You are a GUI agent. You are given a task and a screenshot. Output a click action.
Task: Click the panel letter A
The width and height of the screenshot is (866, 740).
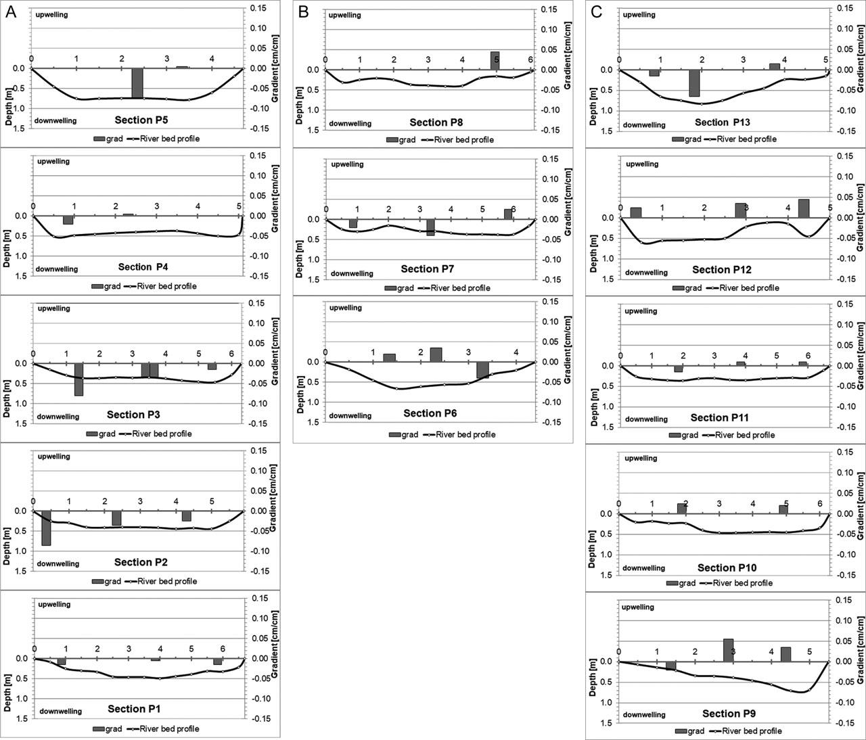(x=12, y=12)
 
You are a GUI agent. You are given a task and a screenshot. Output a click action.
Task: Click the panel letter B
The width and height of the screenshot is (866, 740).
(x=304, y=12)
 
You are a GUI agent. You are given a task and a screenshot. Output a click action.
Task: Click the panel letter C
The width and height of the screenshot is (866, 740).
(x=597, y=12)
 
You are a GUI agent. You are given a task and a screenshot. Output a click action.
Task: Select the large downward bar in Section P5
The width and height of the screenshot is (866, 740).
(x=137, y=83)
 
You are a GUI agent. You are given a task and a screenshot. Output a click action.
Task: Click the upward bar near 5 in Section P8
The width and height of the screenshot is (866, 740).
(x=495, y=61)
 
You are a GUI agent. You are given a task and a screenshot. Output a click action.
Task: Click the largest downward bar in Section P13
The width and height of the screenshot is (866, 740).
(x=694, y=83)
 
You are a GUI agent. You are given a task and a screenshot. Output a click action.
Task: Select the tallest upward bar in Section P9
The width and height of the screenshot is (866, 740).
(x=728, y=650)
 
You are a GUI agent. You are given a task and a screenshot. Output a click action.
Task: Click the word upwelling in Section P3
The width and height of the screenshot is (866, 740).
(x=53, y=308)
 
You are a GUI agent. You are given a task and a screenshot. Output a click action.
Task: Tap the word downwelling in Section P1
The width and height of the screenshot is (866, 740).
(x=60, y=711)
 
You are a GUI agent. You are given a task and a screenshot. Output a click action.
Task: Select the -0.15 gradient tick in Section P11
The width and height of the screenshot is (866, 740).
(x=845, y=427)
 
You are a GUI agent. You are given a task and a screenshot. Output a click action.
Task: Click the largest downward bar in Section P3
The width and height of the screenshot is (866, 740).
(x=78, y=379)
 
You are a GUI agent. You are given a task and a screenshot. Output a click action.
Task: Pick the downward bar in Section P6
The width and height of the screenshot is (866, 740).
(x=482, y=370)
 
